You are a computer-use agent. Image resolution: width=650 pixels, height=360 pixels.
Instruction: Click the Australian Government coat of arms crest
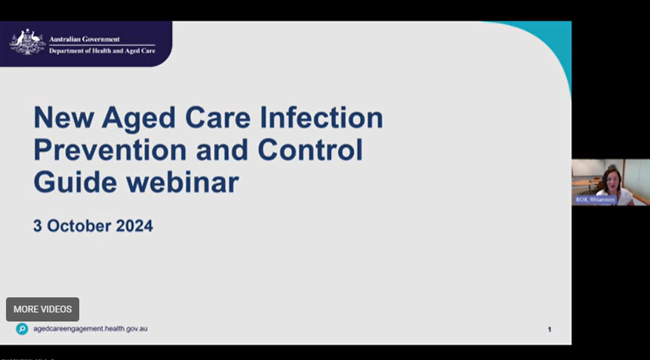[27, 42]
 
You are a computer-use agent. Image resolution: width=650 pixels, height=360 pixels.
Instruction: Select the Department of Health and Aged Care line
[101, 50]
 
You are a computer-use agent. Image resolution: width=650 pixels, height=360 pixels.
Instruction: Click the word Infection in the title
[322, 118]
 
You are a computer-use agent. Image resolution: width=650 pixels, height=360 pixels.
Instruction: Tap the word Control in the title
[310, 150]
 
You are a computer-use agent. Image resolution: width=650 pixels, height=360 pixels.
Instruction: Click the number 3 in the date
[38, 226]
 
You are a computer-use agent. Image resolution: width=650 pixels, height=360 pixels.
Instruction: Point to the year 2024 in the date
[134, 226]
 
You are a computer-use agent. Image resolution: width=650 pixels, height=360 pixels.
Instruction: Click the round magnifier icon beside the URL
[22, 329]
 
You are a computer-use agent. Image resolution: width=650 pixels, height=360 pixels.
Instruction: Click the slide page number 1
[550, 330]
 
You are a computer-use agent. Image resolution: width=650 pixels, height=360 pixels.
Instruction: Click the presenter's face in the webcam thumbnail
[610, 179]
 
